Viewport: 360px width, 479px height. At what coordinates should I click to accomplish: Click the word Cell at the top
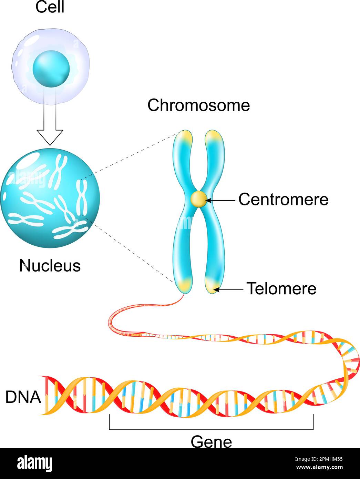[50, 7]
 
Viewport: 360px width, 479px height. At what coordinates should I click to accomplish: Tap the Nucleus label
[50, 266]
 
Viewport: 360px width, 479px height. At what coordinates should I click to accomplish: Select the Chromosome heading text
[198, 105]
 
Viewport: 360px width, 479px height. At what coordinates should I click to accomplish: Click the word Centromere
[283, 200]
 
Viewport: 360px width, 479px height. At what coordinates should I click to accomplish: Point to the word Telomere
[281, 288]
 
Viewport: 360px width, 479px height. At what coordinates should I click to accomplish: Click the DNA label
[23, 397]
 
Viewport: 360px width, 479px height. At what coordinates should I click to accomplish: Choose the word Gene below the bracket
[211, 442]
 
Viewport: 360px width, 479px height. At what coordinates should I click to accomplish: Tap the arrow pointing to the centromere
[221, 200]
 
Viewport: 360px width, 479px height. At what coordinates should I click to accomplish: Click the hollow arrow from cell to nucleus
[50, 117]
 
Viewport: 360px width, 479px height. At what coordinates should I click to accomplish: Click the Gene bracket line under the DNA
[211, 429]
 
